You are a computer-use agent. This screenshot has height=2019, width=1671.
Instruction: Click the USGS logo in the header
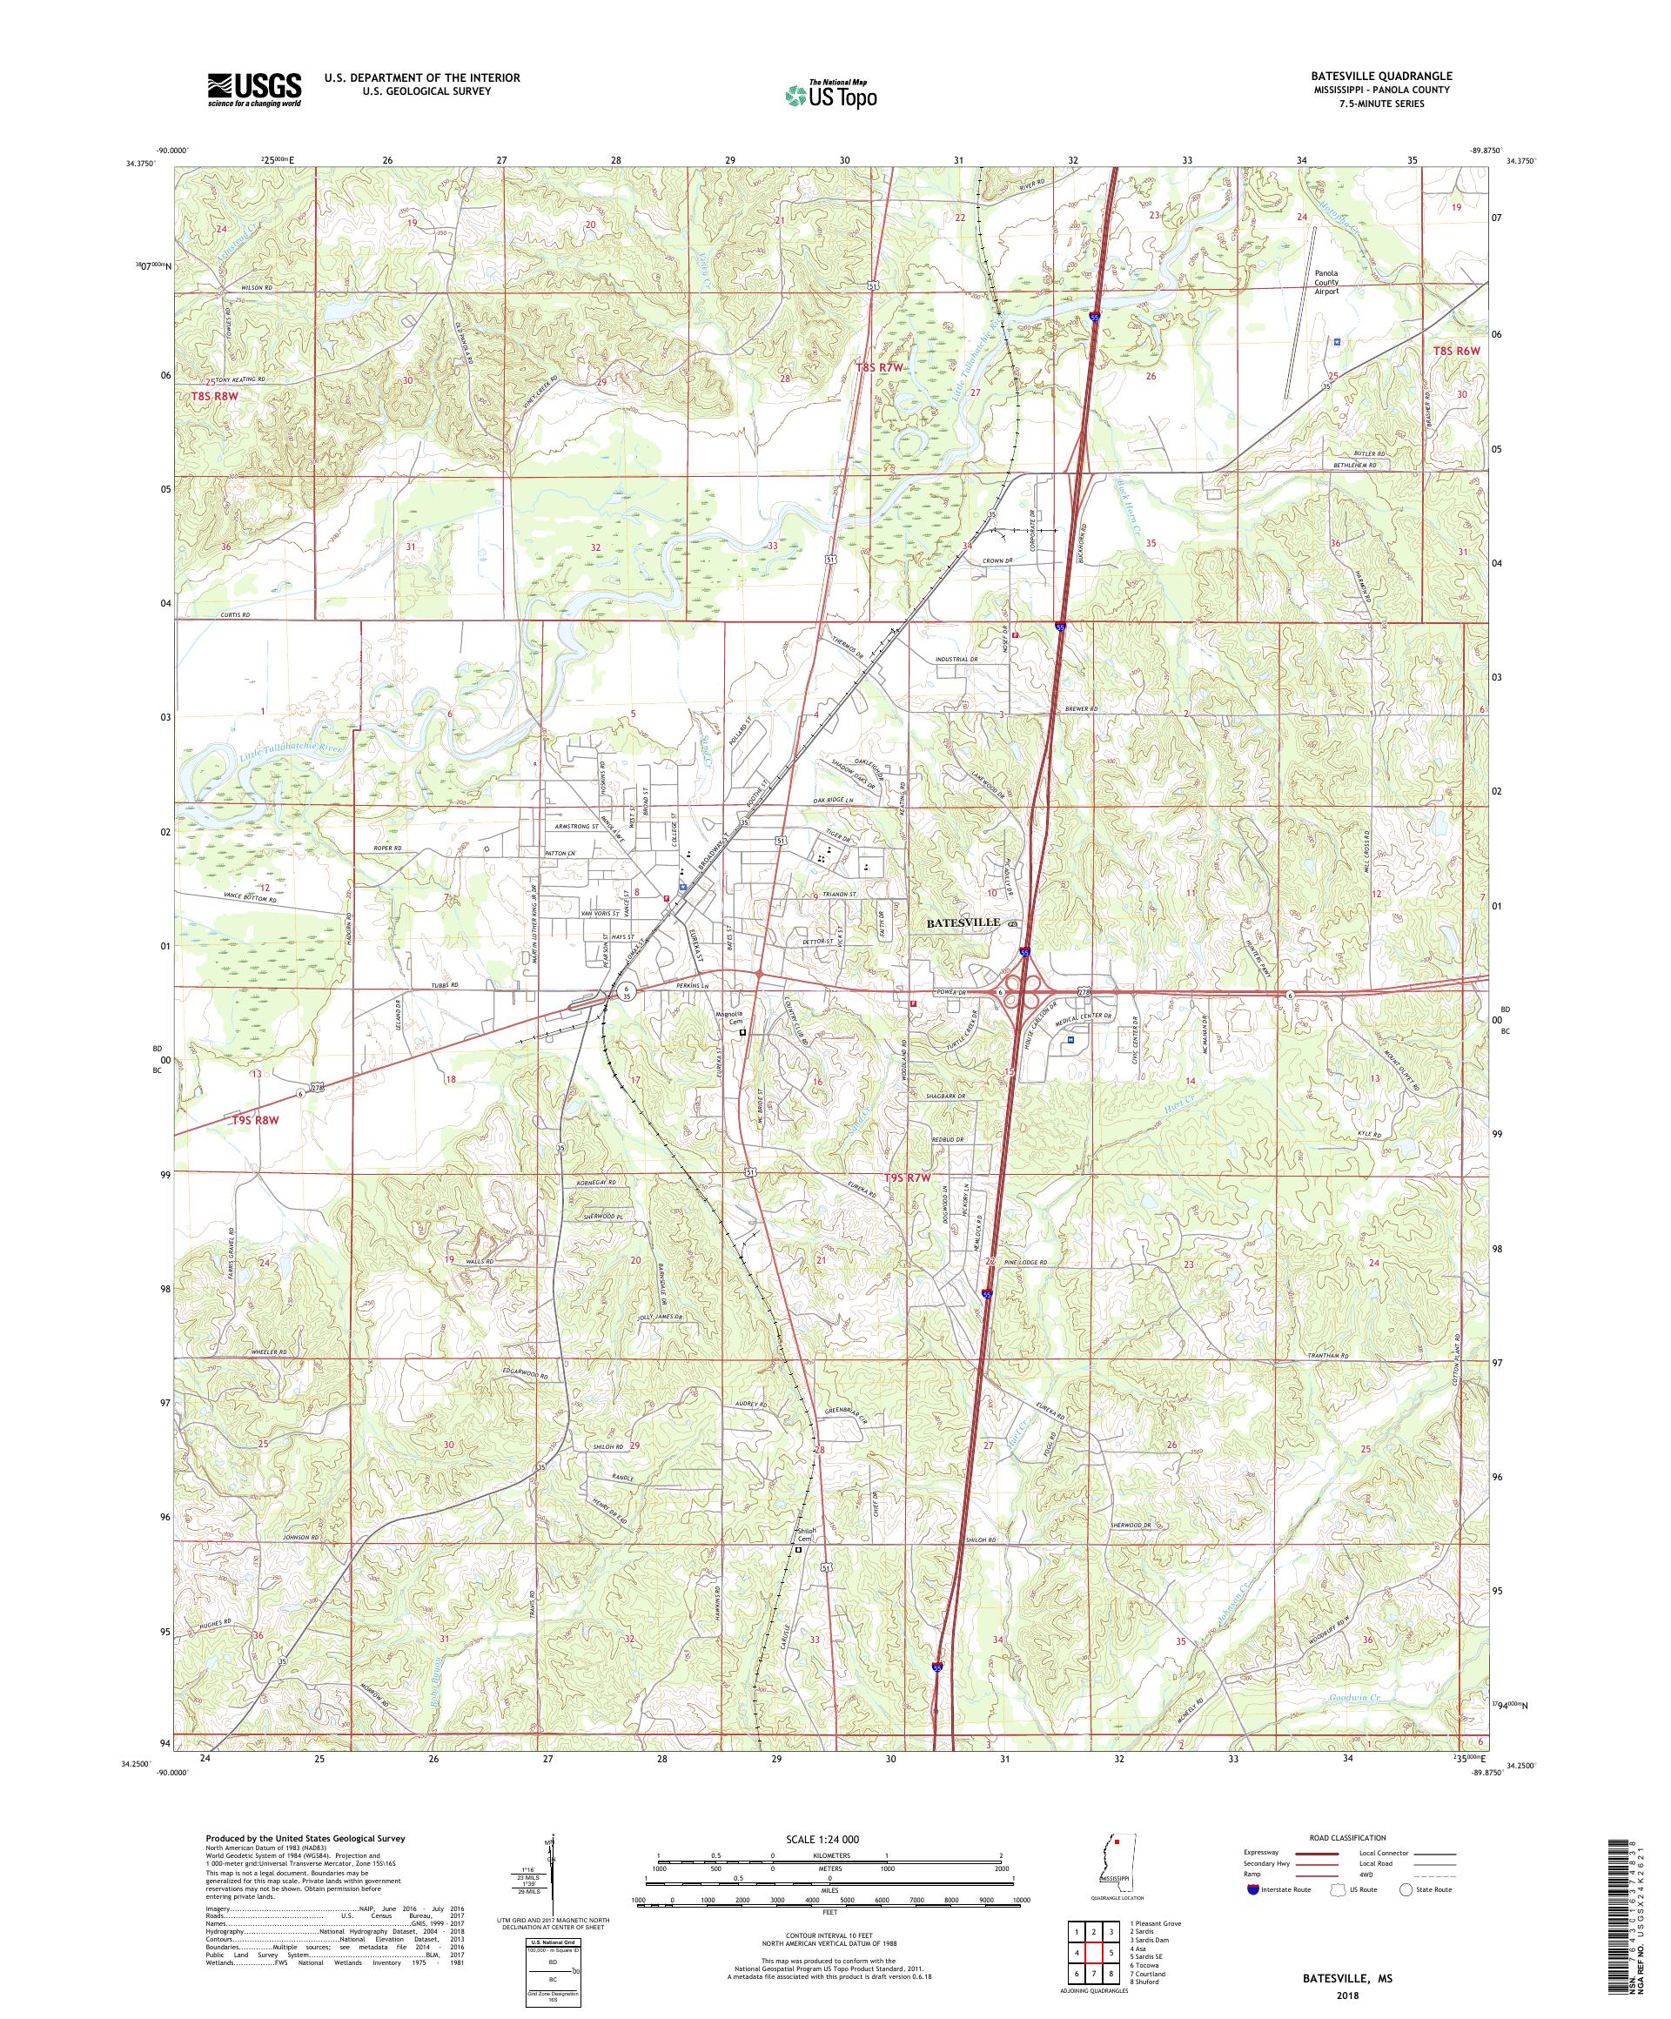click(x=254, y=91)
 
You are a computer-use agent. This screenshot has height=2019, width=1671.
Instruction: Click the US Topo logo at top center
click(x=830, y=94)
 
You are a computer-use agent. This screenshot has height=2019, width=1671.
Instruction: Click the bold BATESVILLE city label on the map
click(x=963, y=922)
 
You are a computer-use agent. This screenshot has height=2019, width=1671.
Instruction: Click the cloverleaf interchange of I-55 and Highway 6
click(x=1027, y=990)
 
